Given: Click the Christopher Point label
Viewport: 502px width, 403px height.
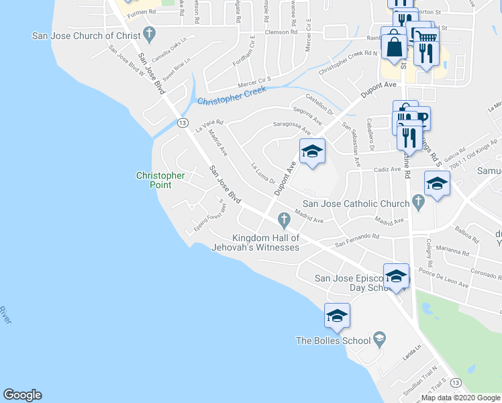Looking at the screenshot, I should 160,179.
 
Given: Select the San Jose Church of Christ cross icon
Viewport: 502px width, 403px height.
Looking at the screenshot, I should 149,35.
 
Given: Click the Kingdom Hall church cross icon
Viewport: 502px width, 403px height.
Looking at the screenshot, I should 284,219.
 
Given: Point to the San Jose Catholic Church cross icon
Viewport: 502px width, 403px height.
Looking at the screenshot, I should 418,201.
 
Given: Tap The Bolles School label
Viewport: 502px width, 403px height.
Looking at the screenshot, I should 334,341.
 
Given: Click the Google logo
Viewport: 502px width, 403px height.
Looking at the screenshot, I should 22,395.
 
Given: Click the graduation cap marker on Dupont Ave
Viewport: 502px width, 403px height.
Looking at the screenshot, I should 312,152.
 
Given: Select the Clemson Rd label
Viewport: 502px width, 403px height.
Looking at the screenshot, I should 281,32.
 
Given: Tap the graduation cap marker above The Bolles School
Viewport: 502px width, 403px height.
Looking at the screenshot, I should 336,316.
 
